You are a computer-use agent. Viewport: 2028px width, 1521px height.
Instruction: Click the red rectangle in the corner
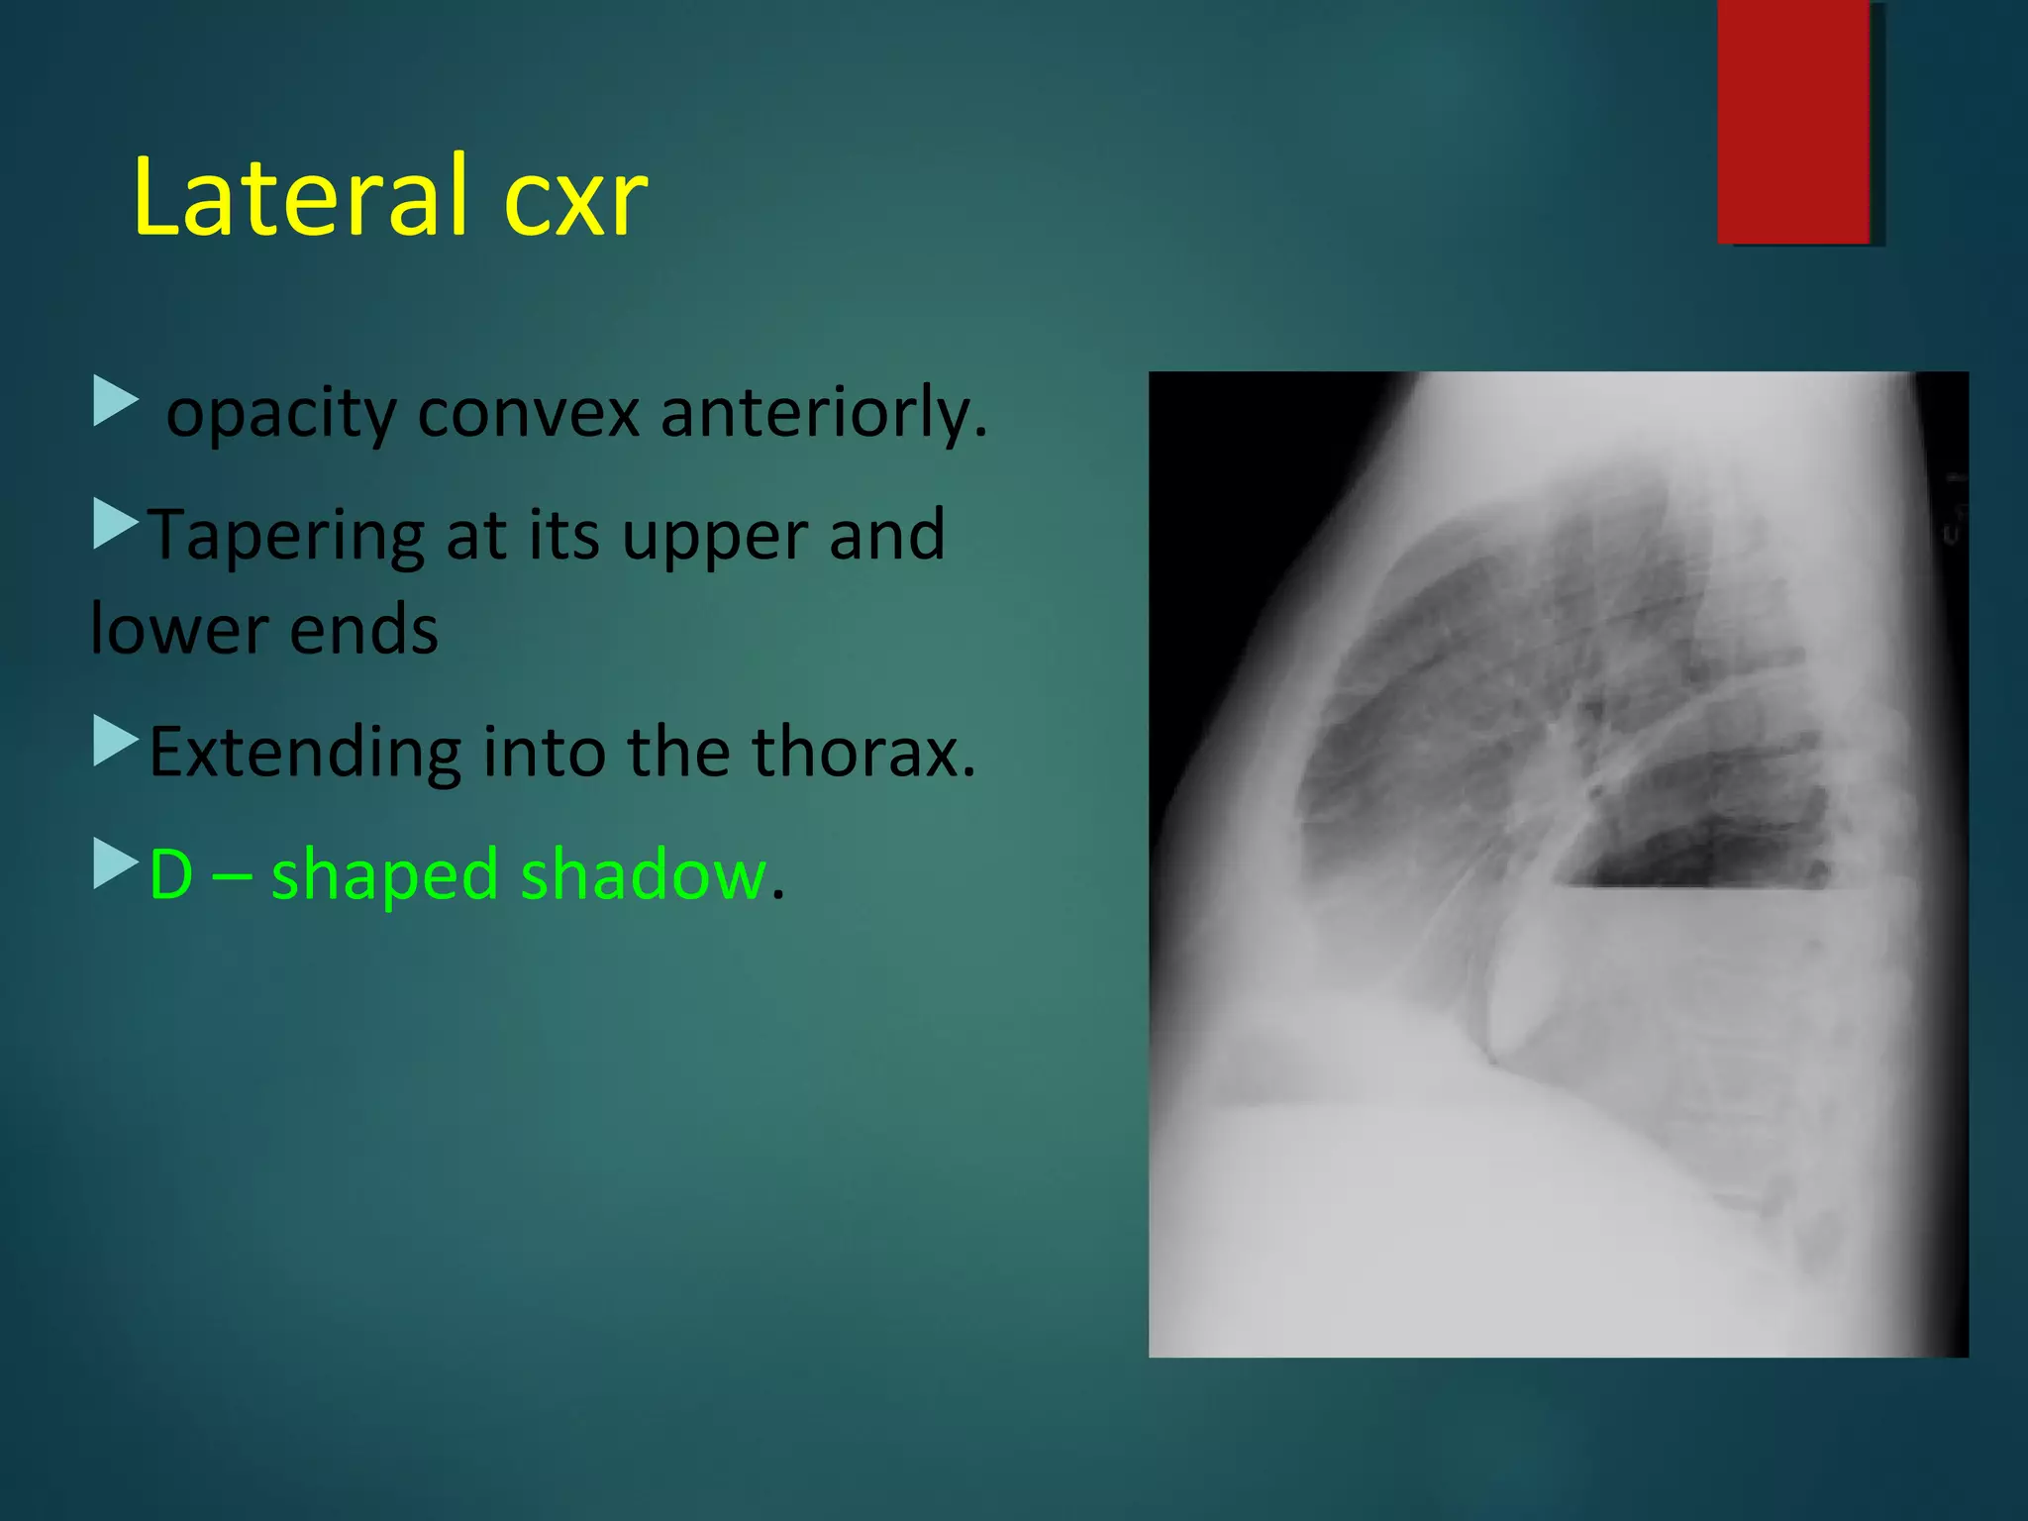tap(1793, 121)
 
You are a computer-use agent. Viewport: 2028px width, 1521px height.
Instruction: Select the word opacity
tap(281, 414)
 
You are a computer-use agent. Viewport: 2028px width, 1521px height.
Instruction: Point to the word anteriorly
tap(822, 414)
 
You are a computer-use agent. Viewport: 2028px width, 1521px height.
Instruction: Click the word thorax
tap(862, 752)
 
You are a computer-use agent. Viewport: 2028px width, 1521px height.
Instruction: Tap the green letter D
tap(170, 875)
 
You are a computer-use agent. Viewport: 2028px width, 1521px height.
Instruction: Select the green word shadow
tap(644, 875)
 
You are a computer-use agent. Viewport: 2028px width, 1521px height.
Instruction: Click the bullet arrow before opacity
tap(115, 400)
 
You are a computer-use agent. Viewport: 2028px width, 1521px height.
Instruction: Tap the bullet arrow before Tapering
tap(115, 524)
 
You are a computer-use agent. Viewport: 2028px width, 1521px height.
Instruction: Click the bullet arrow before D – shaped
tap(115, 863)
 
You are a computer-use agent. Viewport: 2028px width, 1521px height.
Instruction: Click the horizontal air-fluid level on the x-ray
tap(1693, 885)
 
